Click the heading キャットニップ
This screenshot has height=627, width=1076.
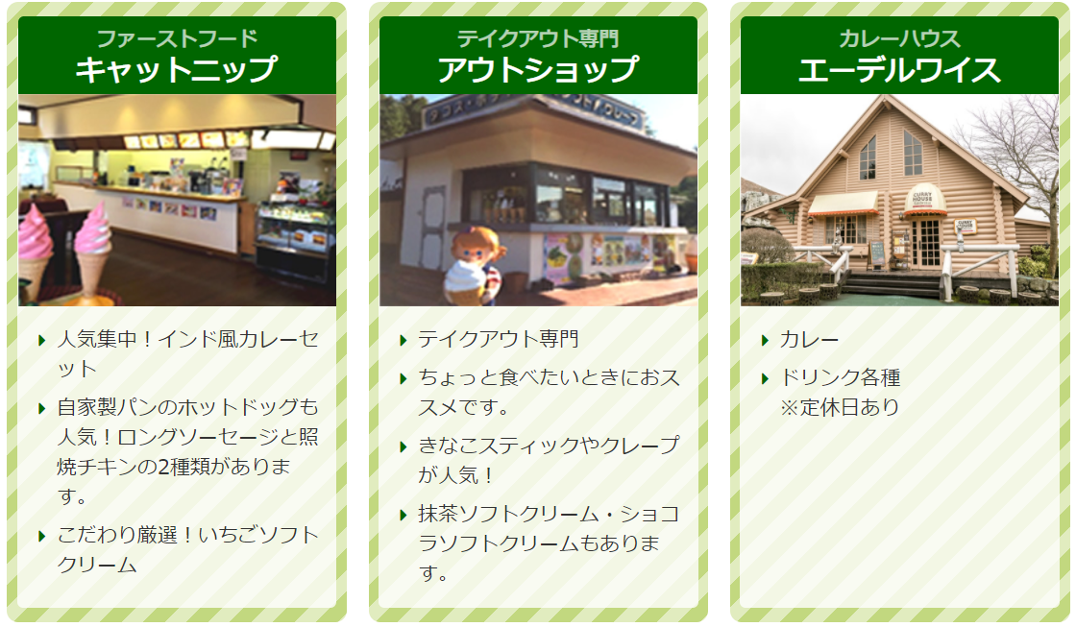click(177, 69)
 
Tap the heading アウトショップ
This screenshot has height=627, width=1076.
click(538, 69)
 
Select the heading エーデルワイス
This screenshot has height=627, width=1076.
click(899, 70)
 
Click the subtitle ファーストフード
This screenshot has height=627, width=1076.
click(177, 38)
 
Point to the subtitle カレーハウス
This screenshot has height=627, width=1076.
click(899, 38)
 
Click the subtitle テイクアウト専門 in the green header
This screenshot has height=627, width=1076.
click(538, 38)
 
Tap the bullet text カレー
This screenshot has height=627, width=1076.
click(809, 340)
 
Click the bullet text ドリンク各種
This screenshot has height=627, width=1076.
click(840, 377)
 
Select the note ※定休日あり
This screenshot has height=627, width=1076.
click(840, 407)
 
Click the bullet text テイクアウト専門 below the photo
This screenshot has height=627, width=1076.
click(499, 339)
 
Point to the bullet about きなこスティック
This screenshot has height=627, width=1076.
click(549, 460)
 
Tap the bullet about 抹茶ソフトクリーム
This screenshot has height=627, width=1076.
click(549, 543)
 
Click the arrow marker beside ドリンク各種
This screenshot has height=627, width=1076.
click(765, 378)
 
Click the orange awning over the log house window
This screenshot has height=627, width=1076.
click(844, 204)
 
